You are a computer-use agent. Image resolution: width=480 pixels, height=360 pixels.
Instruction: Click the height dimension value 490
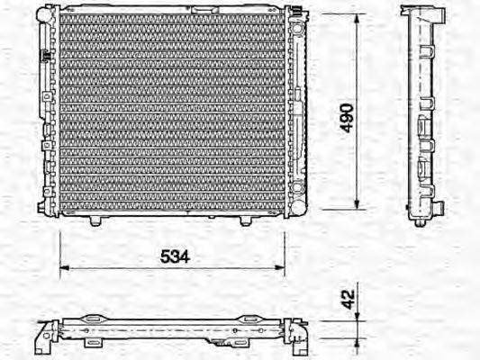(348, 117)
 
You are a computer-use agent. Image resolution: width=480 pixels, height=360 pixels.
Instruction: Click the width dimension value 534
(174, 256)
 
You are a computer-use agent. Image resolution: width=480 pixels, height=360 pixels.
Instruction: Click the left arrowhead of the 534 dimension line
(63, 267)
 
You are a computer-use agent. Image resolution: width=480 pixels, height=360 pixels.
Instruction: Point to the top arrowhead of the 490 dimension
(358, 19)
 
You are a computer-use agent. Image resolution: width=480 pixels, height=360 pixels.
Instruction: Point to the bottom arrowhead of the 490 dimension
(358, 205)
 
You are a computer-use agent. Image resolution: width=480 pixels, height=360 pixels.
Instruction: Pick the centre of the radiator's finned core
(170, 112)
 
